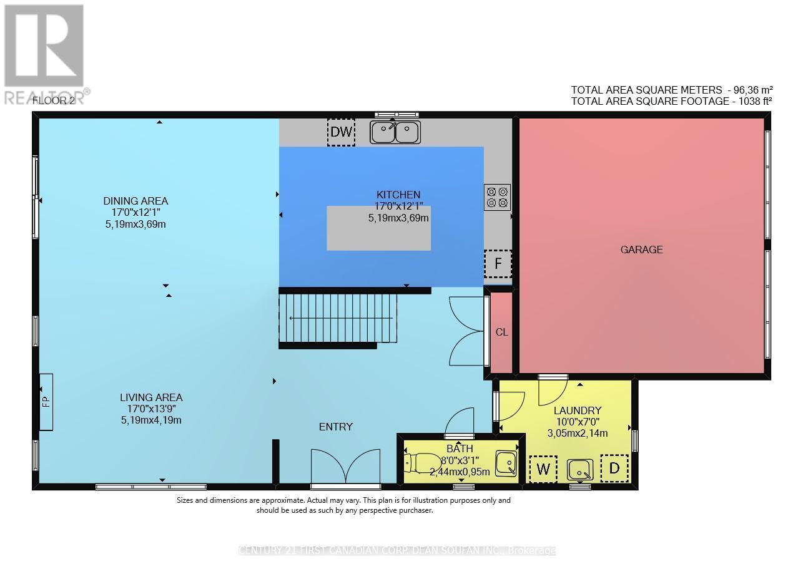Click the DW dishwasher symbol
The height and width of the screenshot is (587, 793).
pyautogui.click(x=341, y=132)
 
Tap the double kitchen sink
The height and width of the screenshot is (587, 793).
pyautogui.click(x=395, y=132)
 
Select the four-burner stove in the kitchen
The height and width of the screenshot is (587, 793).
pyautogui.click(x=497, y=197)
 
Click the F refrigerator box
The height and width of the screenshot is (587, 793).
pyautogui.click(x=498, y=263)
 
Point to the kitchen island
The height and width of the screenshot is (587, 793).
pyautogui.click(x=379, y=228)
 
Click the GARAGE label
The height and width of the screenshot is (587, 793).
pyautogui.click(x=641, y=250)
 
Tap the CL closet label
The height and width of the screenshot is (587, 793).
pyautogui.click(x=501, y=332)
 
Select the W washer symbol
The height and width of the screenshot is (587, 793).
pyautogui.click(x=543, y=469)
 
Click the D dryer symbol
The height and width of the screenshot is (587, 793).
pyautogui.click(x=614, y=468)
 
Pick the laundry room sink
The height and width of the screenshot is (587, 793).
pyautogui.click(x=580, y=469)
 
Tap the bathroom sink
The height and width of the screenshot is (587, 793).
pyautogui.click(x=506, y=463)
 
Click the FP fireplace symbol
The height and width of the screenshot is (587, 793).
pyautogui.click(x=46, y=402)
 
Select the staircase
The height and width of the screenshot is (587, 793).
pyautogui.click(x=338, y=318)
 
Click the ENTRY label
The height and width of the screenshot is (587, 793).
pyautogui.click(x=336, y=427)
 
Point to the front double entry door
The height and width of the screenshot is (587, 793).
pyautogui.click(x=345, y=468)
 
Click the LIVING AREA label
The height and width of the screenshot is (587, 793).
pyautogui.click(x=151, y=397)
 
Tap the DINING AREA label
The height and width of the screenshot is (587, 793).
pyautogui.click(x=135, y=201)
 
